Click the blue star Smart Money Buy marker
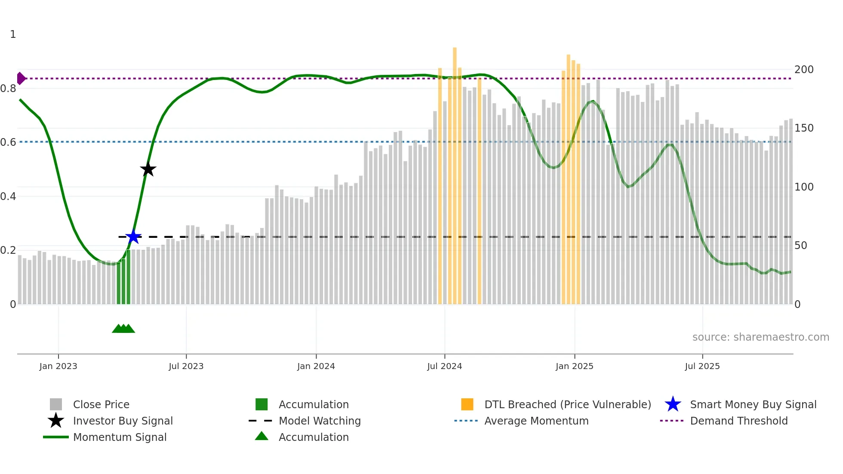point(133,237)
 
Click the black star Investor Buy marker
point(148,169)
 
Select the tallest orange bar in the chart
point(455,172)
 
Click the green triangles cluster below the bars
point(123,329)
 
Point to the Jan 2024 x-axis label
point(316,366)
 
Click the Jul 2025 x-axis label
point(702,366)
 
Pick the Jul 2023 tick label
point(186,366)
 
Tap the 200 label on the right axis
point(804,70)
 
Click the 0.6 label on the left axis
point(9,142)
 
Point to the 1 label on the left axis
point(13,34)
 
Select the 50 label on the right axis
point(801,246)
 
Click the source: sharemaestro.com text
point(760,337)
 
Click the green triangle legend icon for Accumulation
point(262,436)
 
